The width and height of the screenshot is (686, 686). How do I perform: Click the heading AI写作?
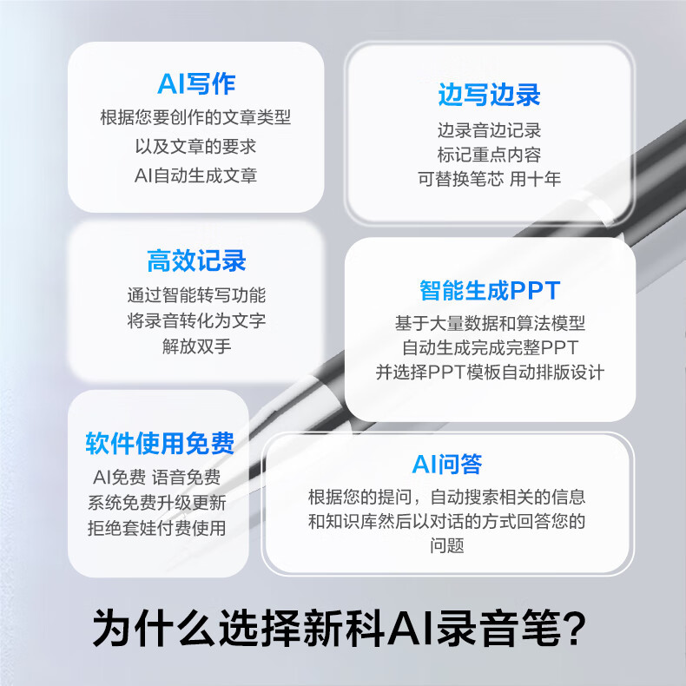click(196, 83)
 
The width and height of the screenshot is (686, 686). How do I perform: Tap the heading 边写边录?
click(489, 95)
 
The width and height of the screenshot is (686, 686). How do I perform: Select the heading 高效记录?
click(196, 261)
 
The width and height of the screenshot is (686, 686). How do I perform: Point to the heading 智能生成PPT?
click(490, 290)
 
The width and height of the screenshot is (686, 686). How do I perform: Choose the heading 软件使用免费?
click(160, 443)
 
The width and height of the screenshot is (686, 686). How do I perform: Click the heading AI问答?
click(447, 465)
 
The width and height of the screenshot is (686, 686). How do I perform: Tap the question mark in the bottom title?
click(574, 628)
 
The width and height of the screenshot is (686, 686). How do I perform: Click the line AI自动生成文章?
click(195, 175)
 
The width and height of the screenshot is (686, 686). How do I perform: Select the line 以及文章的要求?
click(195, 147)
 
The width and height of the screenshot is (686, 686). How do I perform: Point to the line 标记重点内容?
click(489, 155)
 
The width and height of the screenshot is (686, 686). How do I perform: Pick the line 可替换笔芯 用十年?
click(489, 179)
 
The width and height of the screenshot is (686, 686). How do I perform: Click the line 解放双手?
click(196, 346)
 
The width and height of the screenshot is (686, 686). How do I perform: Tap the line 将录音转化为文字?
click(196, 320)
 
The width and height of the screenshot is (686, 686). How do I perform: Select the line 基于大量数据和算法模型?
click(490, 323)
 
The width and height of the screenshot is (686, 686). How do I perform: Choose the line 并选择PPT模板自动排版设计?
click(490, 373)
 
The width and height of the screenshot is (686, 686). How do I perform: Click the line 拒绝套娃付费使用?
click(156, 528)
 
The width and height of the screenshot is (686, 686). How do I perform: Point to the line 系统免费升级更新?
click(156, 503)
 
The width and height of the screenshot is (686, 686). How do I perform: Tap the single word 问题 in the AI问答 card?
click(446, 545)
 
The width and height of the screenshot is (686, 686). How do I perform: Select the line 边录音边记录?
click(489, 130)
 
